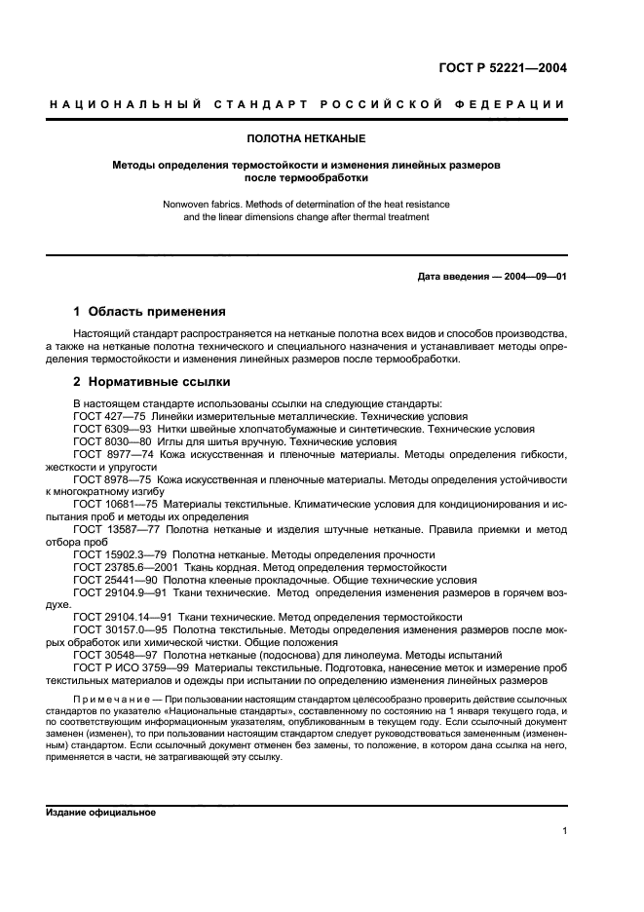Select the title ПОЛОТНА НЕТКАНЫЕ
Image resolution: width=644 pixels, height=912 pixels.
306,140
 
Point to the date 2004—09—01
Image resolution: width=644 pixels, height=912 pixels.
533,277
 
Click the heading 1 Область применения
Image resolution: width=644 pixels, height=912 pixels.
150,312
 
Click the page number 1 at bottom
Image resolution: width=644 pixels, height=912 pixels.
564,831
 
